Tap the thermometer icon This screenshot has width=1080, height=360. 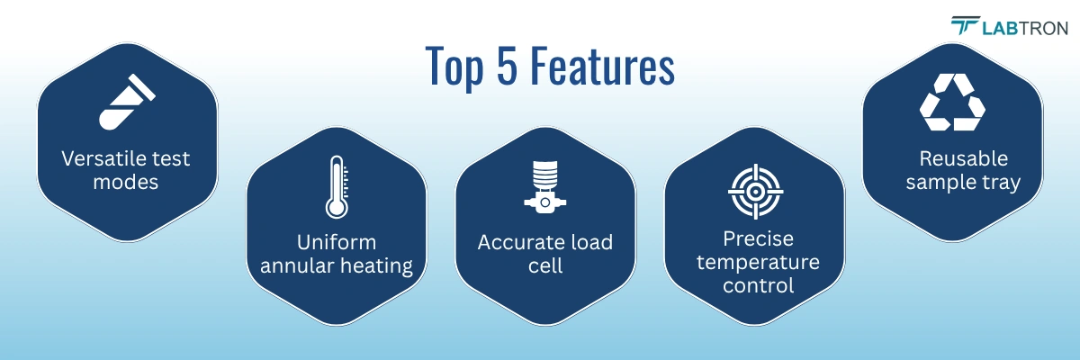click(x=337, y=186)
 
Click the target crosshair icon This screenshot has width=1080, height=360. click(x=754, y=189)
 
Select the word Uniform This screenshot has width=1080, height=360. click(x=337, y=242)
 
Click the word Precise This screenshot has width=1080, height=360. click(x=754, y=239)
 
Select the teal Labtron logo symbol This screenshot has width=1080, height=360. click(x=967, y=27)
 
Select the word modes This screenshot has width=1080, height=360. click(x=126, y=183)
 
